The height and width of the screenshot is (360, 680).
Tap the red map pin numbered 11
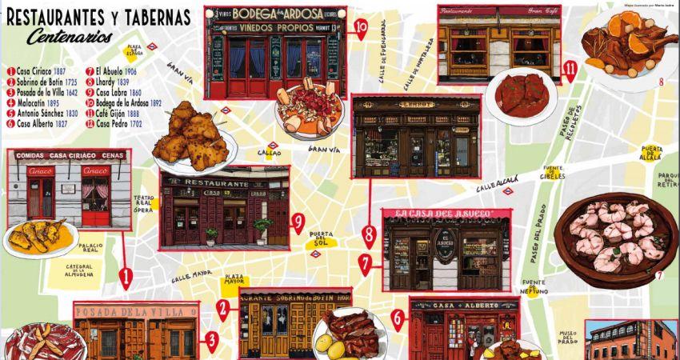pyautogui.click(x=570, y=70)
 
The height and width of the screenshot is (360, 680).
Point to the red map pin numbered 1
pyautogui.click(x=126, y=277)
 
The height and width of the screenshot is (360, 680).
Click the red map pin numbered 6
pyautogui.click(x=398, y=319)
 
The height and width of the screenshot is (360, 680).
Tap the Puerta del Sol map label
pyautogui.click(x=322, y=238)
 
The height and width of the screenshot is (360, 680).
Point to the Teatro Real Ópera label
pyautogui.click(x=144, y=204)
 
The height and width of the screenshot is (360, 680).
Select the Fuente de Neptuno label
pyautogui.click(x=534, y=286)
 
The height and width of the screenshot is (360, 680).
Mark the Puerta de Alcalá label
pyautogui.click(x=651, y=151)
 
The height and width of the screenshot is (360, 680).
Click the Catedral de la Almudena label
pyautogui.click(x=80, y=270)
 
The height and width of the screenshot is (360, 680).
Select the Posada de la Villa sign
pyautogui.click(x=134, y=310)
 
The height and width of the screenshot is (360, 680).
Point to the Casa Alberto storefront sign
pyautogui.click(x=463, y=306)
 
